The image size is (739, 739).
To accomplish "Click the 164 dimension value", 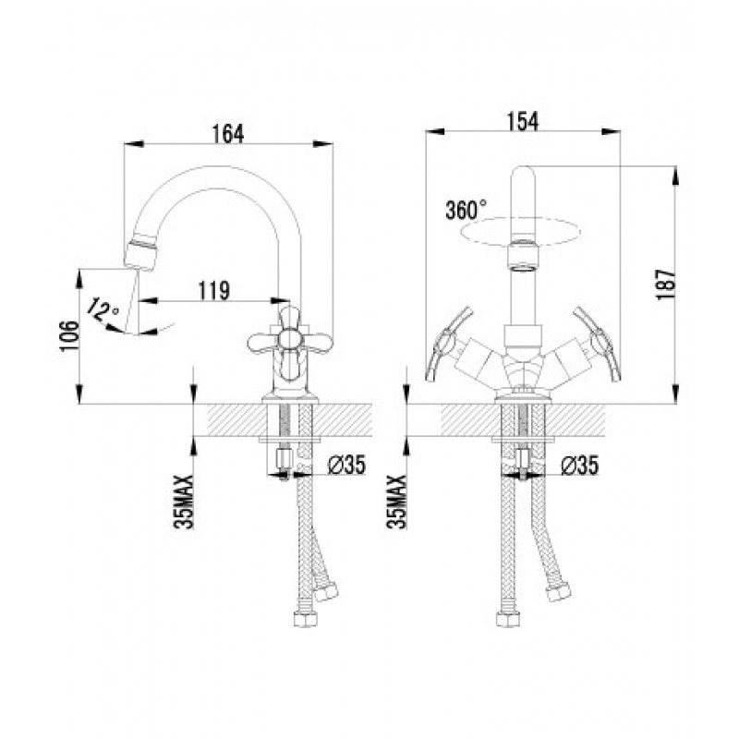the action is (228, 134).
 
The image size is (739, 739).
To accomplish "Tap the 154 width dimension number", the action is (522, 121).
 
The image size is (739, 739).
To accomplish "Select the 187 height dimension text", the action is (666, 285).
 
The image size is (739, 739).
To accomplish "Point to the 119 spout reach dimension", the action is (214, 290).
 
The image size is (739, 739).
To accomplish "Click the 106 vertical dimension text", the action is (68, 336).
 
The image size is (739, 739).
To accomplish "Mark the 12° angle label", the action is (103, 309).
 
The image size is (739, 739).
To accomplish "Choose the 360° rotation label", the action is (466, 210).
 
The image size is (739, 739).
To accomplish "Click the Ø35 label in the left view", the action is (347, 466).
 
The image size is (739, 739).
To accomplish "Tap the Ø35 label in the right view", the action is (580, 466).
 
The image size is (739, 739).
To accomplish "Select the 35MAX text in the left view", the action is (184, 502).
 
